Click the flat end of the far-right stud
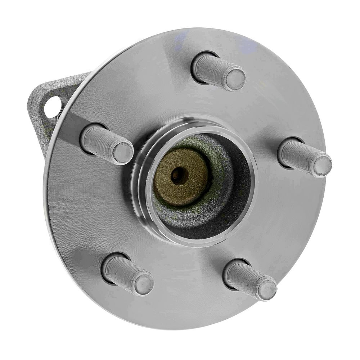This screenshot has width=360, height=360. [x=322, y=166]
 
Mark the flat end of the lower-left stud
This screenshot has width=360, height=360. [x=144, y=284]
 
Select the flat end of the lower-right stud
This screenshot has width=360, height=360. [x=267, y=289]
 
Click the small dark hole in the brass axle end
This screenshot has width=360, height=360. [x=179, y=176]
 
